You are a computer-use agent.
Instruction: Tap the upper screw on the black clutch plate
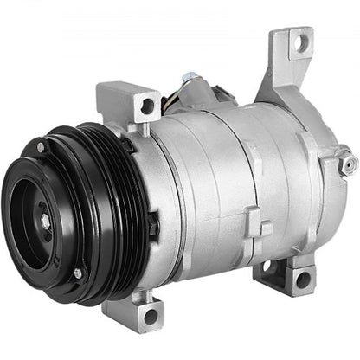point(41,148)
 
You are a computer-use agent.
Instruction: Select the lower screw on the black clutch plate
point(77,273)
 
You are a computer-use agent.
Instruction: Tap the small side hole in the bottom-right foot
point(267,266)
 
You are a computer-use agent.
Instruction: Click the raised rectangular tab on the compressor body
point(252,221)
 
